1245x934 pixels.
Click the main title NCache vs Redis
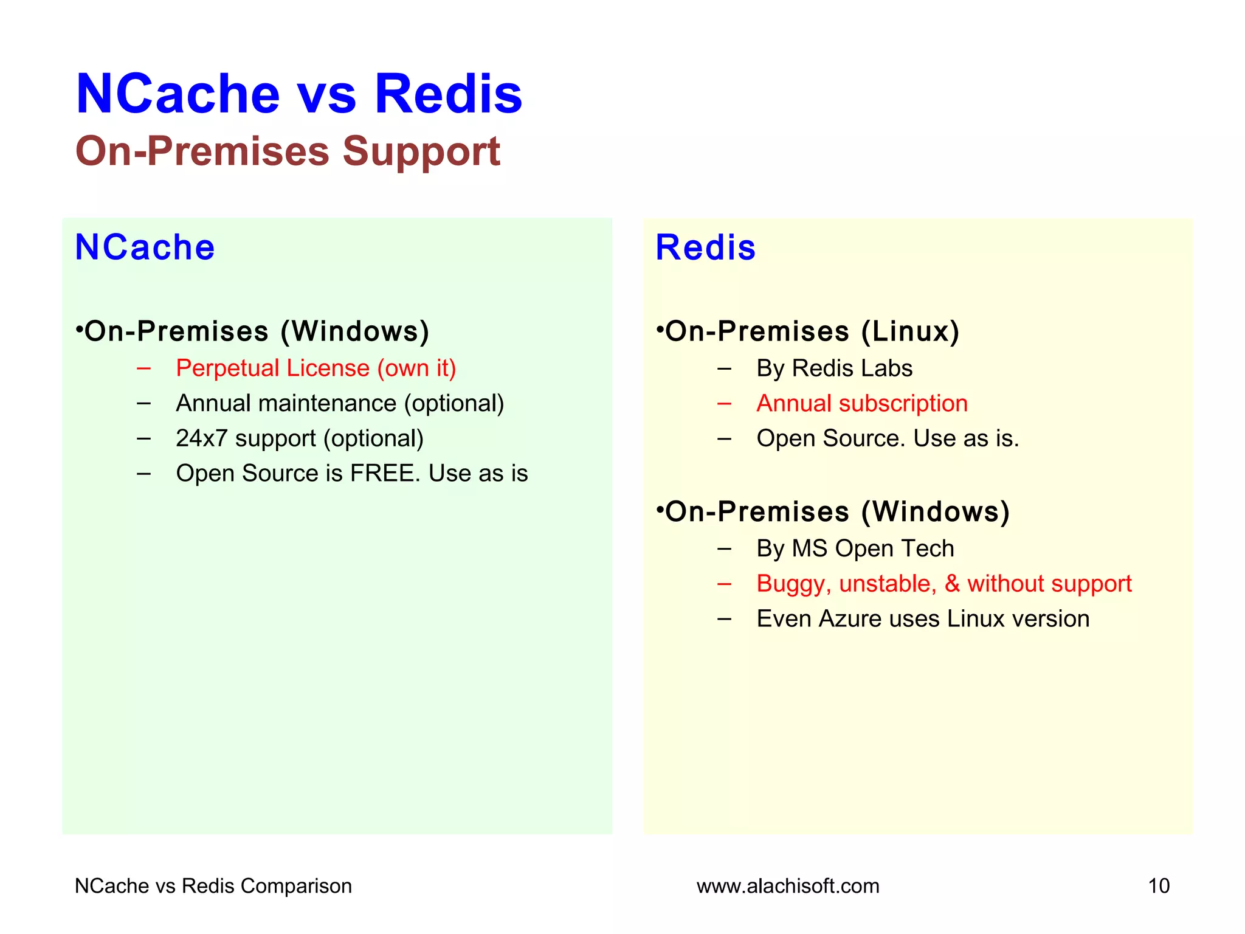298,94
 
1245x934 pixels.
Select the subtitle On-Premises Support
288,151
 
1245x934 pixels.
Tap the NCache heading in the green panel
145,247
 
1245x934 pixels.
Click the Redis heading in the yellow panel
705,248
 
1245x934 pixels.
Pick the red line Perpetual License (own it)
316,368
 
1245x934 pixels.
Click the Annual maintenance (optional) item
340,404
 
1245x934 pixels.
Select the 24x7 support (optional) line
300,438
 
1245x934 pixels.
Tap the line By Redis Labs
834,368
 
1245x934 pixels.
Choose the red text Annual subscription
861,404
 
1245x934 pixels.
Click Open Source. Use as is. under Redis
888,438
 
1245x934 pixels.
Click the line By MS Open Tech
855,548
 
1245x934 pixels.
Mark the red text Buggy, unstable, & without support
943,584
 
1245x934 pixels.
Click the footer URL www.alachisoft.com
788,886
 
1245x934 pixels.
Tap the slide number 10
1158,886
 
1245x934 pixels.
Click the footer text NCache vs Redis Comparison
213,886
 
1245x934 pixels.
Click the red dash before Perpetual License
143,368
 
